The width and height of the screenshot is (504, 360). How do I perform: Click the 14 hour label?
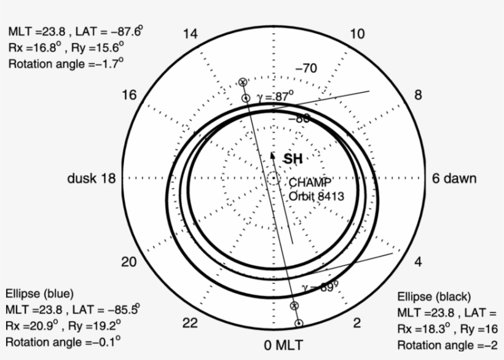point(191,34)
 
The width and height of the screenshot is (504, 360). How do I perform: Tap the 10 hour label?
point(357,34)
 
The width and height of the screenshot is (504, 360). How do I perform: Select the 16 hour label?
point(129,95)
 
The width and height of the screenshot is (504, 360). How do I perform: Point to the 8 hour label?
point(419,95)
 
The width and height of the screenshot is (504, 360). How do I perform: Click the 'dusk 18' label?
point(91,179)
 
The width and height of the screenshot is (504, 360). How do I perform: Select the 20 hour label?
point(128,262)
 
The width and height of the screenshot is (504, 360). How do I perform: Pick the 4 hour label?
point(419,262)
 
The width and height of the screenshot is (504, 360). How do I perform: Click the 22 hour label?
point(191,323)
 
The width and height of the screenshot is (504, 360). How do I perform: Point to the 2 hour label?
point(357,323)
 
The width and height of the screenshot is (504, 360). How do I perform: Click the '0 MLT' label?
point(283,345)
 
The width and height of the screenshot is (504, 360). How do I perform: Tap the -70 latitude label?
point(305,68)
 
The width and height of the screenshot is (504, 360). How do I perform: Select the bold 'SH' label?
point(293,159)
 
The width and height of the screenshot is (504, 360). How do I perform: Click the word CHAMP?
point(310,182)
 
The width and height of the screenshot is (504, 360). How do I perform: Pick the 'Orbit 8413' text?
point(317,197)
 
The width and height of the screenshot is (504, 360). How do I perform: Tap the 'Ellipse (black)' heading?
point(434,297)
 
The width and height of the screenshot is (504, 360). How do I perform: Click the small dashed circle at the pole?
point(273,179)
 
